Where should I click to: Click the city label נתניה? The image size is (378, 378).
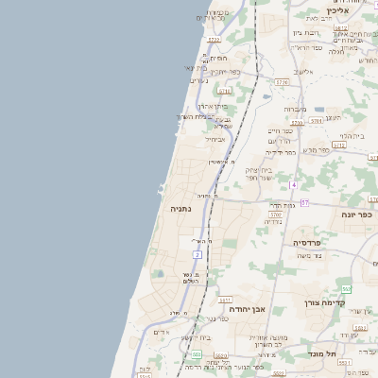[x=182, y=208]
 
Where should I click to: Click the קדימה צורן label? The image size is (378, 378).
[x=325, y=303]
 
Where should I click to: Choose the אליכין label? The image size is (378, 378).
[x=343, y=10]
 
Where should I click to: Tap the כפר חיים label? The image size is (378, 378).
[x=280, y=131]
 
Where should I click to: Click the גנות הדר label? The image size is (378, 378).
[x=282, y=204]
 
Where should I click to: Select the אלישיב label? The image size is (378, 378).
[x=302, y=71]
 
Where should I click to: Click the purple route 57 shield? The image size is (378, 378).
[x=305, y=202]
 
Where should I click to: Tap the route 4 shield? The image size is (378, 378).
[x=294, y=184]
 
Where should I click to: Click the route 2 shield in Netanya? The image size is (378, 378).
[x=198, y=255]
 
